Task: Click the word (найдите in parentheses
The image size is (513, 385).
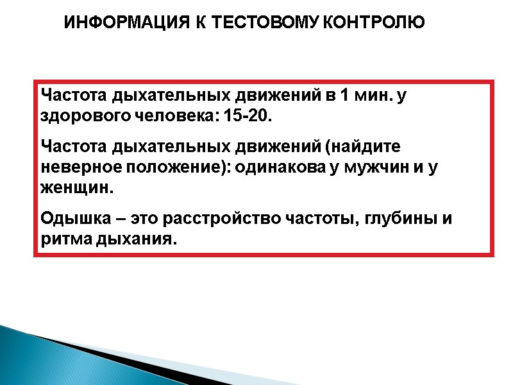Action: point(362,147)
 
